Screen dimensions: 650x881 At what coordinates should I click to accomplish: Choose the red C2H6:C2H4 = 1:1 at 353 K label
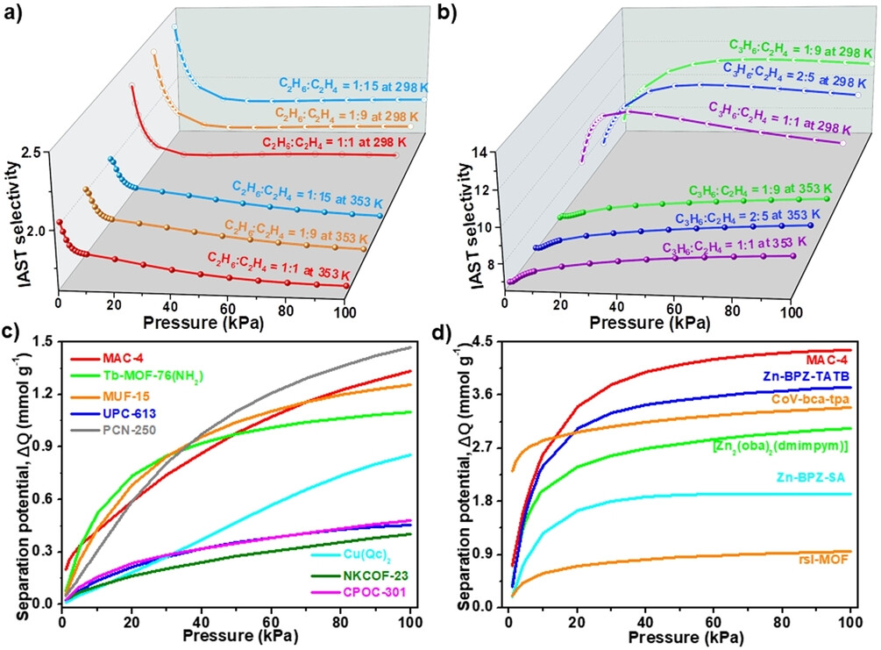pos(278,266)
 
